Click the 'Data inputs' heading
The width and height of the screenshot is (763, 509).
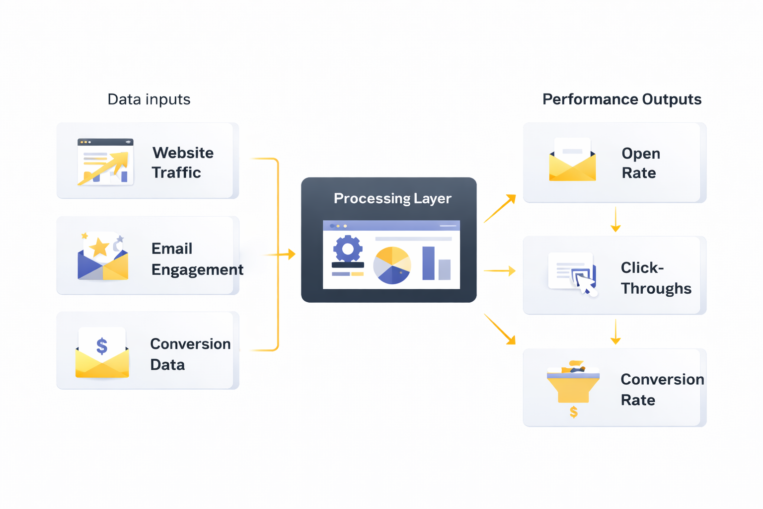tap(149, 99)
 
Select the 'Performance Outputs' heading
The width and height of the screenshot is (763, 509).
tap(621, 99)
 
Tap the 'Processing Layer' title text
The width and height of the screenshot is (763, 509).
tap(392, 198)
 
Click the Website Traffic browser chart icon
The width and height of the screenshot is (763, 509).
tap(105, 162)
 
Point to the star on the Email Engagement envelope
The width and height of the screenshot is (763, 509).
tap(100, 247)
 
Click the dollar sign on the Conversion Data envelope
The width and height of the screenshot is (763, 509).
tap(102, 345)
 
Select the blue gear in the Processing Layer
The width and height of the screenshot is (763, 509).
tap(348, 249)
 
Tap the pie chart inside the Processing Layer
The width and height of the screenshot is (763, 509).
tap(392, 265)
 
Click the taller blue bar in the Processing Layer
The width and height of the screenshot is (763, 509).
tap(428, 263)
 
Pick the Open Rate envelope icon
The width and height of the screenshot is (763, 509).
tap(572, 160)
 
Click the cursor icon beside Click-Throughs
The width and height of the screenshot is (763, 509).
tap(585, 285)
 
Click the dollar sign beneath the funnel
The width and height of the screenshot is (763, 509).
tap(574, 412)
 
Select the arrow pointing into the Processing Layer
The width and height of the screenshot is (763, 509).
tap(281, 254)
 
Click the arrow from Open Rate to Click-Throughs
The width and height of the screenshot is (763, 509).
tap(615, 220)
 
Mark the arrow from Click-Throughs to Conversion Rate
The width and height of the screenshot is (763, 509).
tap(615, 332)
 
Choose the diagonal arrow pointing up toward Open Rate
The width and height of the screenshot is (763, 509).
tap(500, 209)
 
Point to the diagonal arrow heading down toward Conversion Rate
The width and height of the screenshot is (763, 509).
tap(500, 329)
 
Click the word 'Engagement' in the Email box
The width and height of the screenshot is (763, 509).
tap(197, 269)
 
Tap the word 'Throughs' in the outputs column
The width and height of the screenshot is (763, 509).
tap(656, 288)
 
